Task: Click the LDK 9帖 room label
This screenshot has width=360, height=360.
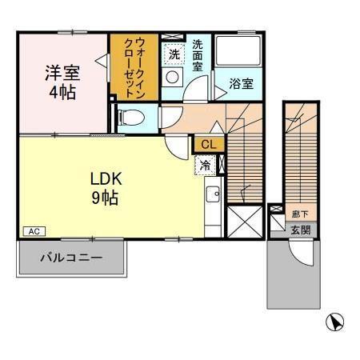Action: pyautogui.click(x=104, y=187)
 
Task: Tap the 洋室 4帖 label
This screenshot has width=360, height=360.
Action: pyautogui.click(x=62, y=81)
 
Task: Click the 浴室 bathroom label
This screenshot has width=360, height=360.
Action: pyautogui.click(x=241, y=82)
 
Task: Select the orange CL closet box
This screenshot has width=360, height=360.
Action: pyautogui.click(x=208, y=144)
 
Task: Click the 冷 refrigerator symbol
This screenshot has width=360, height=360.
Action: pyautogui.click(x=206, y=166)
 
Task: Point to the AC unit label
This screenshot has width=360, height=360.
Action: pyautogui.click(x=34, y=231)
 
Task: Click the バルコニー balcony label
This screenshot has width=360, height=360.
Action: pyautogui.click(x=72, y=258)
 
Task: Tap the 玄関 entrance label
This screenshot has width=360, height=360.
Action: pyautogui.click(x=300, y=230)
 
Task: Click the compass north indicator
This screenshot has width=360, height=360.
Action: pyautogui.click(x=335, y=322)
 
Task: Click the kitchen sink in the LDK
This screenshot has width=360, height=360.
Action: pyautogui.click(x=212, y=195)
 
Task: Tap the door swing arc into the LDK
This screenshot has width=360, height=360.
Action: pyautogui.click(x=176, y=147)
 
